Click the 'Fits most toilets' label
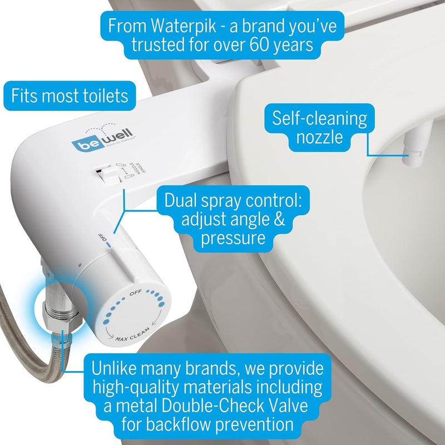70,96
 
